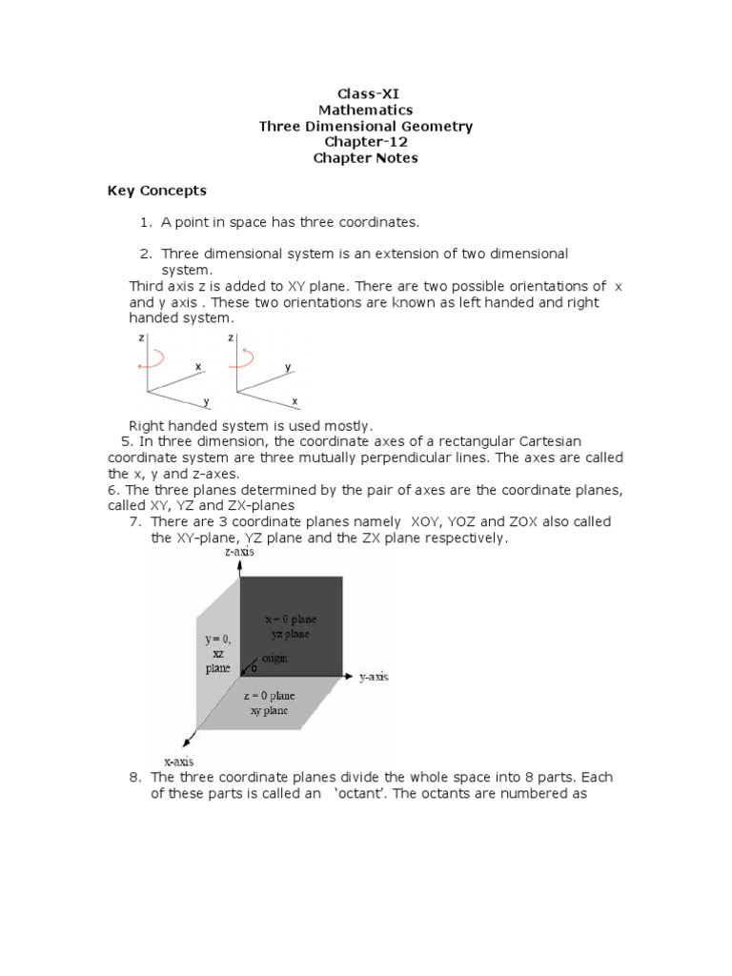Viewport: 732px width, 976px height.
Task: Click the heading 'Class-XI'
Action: pyautogui.click(x=366, y=93)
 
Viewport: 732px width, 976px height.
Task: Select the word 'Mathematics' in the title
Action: pyautogui.click(x=366, y=110)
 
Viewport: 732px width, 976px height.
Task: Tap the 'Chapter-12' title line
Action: pyautogui.click(x=366, y=142)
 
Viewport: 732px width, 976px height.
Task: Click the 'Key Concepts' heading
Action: pyautogui.click(x=156, y=191)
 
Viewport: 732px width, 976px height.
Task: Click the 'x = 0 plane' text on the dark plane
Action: pyautogui.click(x=291, y=618)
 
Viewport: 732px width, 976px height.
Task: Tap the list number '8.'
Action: pyautogui.click(x=135, y=777)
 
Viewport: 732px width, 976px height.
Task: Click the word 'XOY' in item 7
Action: pyautogui.click(x=428, y=521)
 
